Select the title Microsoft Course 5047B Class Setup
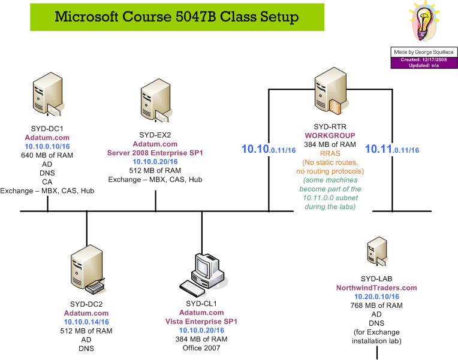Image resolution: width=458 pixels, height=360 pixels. pos(176,16)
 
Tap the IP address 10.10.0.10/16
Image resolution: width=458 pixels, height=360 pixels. pos(47,146)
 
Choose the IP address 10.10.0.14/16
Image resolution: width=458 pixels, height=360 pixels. pos(86,322)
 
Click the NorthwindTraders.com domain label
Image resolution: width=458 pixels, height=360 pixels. pos(376,288)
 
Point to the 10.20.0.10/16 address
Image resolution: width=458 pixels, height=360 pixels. pos(376,297)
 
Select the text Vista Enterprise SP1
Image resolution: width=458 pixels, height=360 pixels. pos(201,322)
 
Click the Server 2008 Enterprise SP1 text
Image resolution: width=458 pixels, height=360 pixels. pos(155,153)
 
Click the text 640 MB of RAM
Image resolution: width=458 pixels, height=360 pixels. pos(47,155)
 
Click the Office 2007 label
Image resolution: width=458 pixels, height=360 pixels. pos(201,348)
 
